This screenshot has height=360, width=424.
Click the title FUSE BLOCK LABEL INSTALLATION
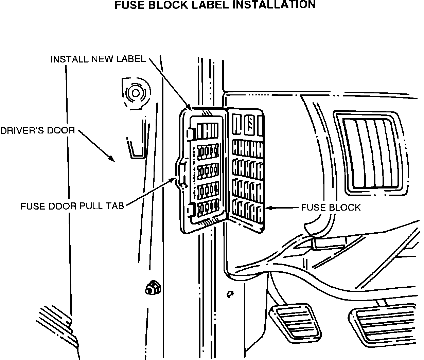click(215, 5)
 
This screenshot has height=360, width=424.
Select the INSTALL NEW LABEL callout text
click(98, 59)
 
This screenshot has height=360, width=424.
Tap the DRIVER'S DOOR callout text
click(37, 130)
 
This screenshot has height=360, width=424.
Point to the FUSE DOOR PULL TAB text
click(72, 206)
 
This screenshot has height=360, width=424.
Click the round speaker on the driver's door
click(135, 93)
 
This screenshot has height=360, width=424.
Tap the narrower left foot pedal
click(295, 321)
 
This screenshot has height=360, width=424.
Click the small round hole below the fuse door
click(230, 294)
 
